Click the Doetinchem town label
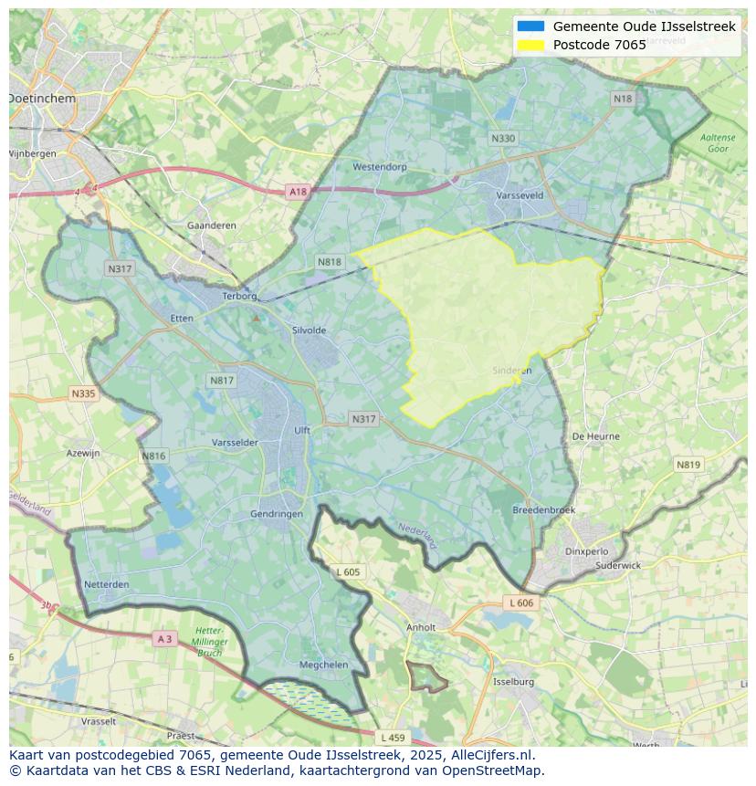click(x=42, y=98)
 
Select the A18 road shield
click(x=298, y=192)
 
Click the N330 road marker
click(x=502, y=139)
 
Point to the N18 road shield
click(x=622, y=99)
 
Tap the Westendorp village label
click(x=379, y=167)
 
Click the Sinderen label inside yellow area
click(x=511, y=371)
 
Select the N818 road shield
click(x=330, y=262)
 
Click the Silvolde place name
click(x=309, y=330)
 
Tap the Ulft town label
click(x=302, y=431)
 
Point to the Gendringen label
click(x=277, y=514)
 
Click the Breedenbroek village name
click(x=543, y=510)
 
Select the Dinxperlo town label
click(x=586, y=551)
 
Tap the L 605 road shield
click(x=348, y=572)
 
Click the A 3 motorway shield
click(x=164, y=639)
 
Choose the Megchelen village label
click(x=323, y=665)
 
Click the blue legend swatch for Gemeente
click(x=530, y=26)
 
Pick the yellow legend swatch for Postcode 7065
click(x=530, y=45)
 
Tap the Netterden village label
click(x=106, y=584)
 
